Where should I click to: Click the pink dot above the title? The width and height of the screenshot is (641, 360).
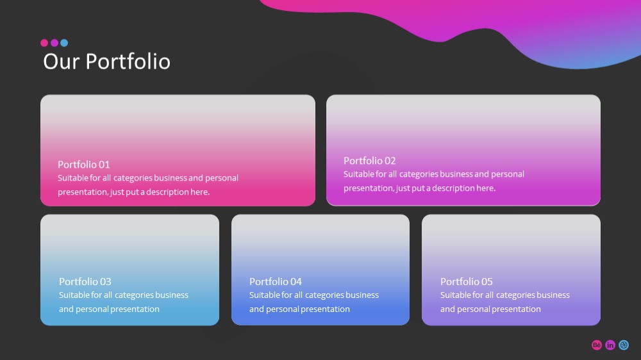pyautogui.click(x=44, y=43)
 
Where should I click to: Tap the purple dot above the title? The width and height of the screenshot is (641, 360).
pyautogui.click(x=54, y=43)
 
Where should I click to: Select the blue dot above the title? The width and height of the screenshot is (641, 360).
pyautogui.click(x=64, y=43)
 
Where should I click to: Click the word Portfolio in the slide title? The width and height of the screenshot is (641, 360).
pyautogui.click(x=128, y=61)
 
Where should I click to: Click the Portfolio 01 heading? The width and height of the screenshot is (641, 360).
pyautogui.click(x=84, y=164)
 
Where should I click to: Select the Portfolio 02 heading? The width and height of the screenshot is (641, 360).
pyautogui.click(x=370, y=161)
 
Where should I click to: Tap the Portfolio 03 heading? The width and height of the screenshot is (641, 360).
pyautogui.click(x=85, y=282)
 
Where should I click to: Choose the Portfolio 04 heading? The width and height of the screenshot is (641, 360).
pyautogui.click(x=276, y=282)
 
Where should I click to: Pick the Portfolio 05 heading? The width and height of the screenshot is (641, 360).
pyautogui.click(x=467, y=282)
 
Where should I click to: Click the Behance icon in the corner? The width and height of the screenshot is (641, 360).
pyautogui.click(x=597, y=345)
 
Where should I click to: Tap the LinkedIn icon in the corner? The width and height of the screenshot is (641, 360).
pyautogui.click(x=610, y=345)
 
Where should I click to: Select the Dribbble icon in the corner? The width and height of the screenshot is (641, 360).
pyautogui.click(x=624, y=345)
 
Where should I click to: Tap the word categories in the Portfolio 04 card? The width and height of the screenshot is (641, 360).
pyautogui.click(x=325, y=295)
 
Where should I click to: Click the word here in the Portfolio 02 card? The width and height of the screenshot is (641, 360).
pyautogui.click(x=486, y=188)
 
